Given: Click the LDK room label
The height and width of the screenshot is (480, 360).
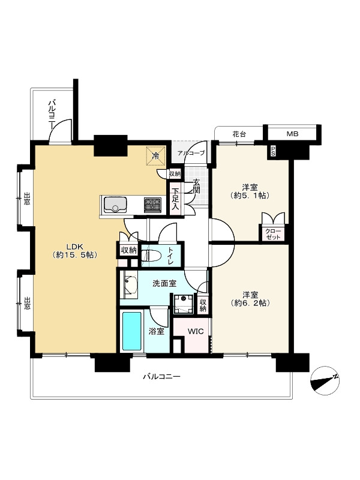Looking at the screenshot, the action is pyautogui.click(x=75, y=250).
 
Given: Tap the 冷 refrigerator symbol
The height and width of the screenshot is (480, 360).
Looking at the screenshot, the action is pyautogui.click(x=156, y=156).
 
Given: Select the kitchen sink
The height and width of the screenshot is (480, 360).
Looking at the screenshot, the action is pyautogui.click(x=115, y=205).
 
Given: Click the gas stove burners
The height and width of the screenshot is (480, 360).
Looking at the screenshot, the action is pyautogui.click(x=153, y=205).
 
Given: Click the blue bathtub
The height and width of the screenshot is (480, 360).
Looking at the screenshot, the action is pyautogui.click(x=132, y=331).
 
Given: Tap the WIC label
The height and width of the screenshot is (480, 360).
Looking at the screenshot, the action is pyautogui.click(x=196, y=331).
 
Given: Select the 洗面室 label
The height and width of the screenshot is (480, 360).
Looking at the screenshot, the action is pyautogui.click(x=164, y=283).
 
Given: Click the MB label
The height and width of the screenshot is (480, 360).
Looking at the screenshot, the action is pyautogui.click(x=292, y=134).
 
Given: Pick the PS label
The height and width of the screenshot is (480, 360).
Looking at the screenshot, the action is pyautogui.click(x=273, y=151).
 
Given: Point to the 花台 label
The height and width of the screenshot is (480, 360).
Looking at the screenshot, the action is pyautogui.click(x=239, y=134).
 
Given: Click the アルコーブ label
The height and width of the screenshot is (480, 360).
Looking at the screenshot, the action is pyautogui.click(x=191, y=153).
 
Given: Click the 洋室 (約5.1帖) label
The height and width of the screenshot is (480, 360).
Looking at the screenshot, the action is pyautogui.click(x=250, y=191).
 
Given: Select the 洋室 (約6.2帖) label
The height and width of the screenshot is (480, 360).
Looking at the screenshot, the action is pyautogui.click(x=250, y=299).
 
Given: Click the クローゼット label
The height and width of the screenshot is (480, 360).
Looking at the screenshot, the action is pyautogui.click(x=273, y=233).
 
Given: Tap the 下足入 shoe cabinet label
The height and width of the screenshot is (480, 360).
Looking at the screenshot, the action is pyautogui.click(x=175, y=199).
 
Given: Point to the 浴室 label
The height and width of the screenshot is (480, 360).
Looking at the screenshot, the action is pyautogui.click(x=156, y=331).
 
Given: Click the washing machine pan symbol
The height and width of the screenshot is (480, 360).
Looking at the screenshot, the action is pyautogui.click(x=183, y=304).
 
